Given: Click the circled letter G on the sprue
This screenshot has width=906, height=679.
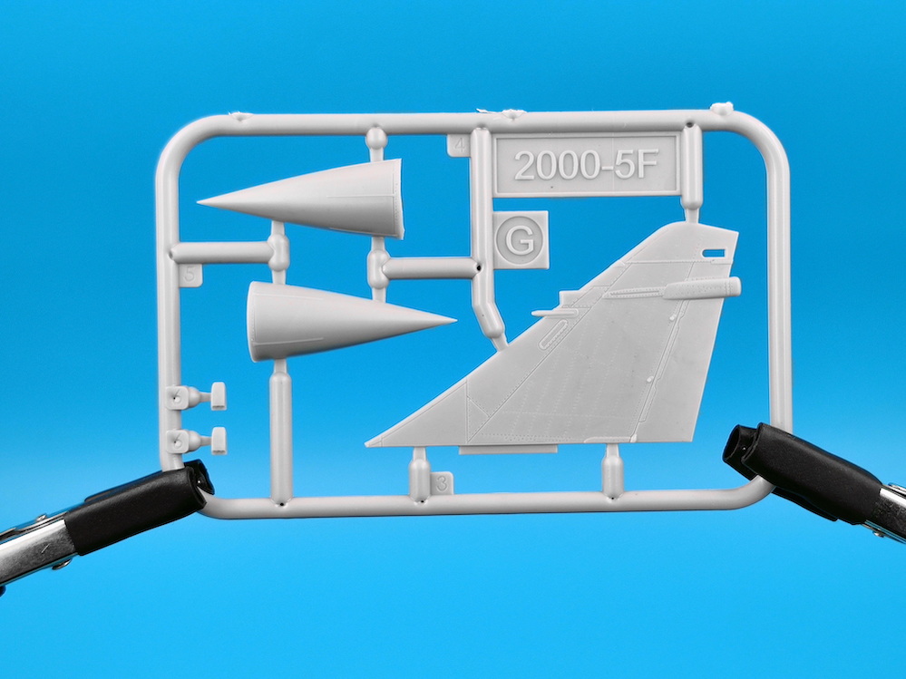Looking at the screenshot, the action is point(519,240).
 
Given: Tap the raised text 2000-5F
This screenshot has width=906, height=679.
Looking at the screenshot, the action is point(586,166).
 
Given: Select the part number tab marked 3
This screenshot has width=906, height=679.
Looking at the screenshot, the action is point(442,482).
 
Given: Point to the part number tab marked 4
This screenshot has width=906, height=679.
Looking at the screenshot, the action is point(459,145).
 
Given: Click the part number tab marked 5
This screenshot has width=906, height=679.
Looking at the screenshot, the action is point(190,275).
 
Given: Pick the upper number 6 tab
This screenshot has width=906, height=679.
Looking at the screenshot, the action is point(177,397).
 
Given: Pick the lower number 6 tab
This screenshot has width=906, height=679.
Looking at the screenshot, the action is point(177,441).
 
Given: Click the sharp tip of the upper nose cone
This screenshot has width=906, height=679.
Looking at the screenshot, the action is point(199,203).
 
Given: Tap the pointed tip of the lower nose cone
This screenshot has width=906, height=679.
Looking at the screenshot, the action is point(454,319).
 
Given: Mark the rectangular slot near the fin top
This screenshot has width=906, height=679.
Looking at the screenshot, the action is point(714,253).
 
